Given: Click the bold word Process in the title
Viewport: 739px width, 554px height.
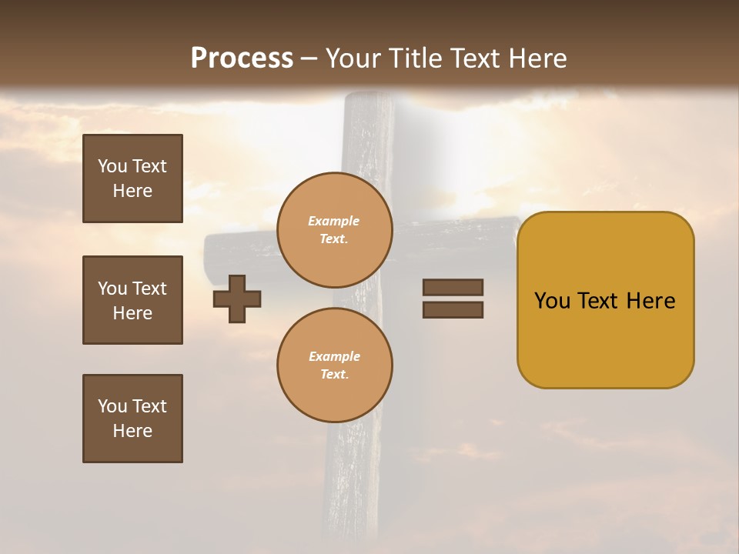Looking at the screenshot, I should [x=242, y=58].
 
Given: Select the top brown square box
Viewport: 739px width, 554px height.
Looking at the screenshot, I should [x=132, y=179].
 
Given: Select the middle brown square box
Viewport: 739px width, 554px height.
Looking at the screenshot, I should [x=132, y=300].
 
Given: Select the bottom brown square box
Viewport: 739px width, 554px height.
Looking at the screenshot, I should [x=132, y=419].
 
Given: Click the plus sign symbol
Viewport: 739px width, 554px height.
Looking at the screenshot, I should [x=237, y=299].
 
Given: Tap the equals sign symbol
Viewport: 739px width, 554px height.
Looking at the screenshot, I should [x=453, y=299].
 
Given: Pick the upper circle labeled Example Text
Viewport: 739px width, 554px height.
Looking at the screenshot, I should [x=335, y=230].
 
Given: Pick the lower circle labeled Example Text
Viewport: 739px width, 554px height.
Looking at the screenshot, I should [x=335, y=365].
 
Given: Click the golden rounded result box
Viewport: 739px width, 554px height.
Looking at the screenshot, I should [x=605, y=300].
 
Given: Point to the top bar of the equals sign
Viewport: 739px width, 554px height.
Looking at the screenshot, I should [x=453, y=288].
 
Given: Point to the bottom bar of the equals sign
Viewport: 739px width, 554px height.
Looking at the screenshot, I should [x=453, y=309].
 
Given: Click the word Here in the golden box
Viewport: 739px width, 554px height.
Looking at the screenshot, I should [x=650, y=301].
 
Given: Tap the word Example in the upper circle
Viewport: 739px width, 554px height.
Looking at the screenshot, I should [x=334, y=222].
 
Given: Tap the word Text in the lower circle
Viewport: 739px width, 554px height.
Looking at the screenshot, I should [x=334, y=375].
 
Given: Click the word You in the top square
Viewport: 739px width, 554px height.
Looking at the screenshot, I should [x=112, y=166].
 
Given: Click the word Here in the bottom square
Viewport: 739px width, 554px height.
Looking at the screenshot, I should [x=132, y=431].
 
